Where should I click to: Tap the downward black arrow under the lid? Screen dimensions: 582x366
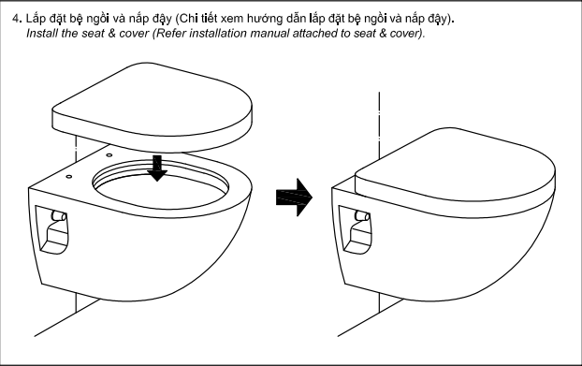(x=157, y=168)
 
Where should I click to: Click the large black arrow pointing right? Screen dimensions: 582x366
(x=295, y=198)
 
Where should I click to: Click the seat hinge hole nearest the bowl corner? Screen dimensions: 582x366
(x=69, y=177)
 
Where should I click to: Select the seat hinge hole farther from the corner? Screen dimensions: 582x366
(x=109, y=154)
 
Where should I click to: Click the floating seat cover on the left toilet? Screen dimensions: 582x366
(x=153, y=107)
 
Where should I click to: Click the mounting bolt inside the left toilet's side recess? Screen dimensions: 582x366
(x=59, y=216)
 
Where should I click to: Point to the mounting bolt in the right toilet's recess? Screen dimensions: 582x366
(x=362, y=216)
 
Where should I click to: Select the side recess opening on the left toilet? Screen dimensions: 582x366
(x=52, y=230)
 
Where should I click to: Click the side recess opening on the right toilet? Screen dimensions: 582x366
(x=356, y=230)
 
